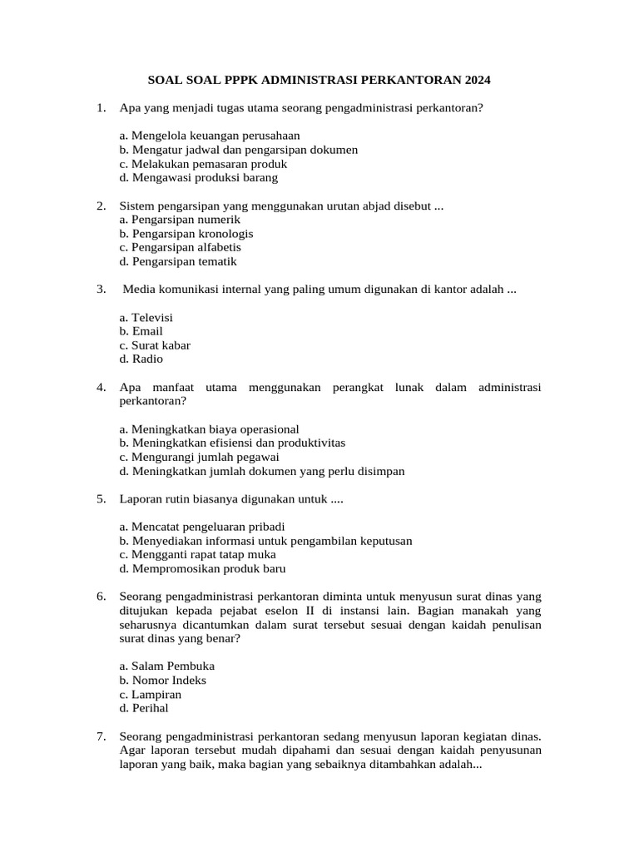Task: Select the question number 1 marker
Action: [101, 107]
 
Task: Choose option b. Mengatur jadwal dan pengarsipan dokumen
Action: [238, 150]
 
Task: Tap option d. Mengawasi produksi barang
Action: [198, 177]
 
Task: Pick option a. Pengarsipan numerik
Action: [180, 220]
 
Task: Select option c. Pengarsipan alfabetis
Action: [180, 247]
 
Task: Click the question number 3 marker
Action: [101, 290]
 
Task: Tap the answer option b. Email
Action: [141, 331]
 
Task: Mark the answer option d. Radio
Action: [141, 359]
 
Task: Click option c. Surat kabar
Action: [155, 345]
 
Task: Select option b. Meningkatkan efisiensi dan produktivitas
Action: [232, 443]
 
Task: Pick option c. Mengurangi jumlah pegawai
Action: [199, 457]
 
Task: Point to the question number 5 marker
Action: [101, 499]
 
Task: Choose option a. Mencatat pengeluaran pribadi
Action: [202, 527]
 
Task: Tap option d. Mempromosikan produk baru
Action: [202, 569]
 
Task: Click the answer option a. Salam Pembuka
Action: [166, 666]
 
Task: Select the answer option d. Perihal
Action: [144, 708]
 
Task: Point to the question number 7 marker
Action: [101, 736]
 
